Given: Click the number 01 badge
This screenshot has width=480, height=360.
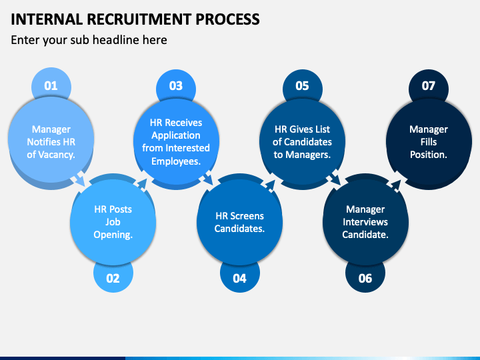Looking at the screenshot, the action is pos(51,85).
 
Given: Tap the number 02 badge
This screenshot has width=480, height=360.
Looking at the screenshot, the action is pos(113,277).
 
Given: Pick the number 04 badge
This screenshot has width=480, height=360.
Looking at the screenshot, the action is pos(240,277).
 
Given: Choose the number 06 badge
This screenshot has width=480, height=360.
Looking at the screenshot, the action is pos(365,277).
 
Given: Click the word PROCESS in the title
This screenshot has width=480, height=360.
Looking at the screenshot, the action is pos(227,19).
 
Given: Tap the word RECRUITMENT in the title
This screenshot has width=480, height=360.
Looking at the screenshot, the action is pos(139,19).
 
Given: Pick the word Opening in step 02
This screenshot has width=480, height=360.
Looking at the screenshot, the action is pos(112,235).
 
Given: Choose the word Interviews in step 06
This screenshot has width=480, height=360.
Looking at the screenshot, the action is pos(365,222).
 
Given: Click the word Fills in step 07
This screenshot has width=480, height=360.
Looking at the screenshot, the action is pos(429,142).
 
